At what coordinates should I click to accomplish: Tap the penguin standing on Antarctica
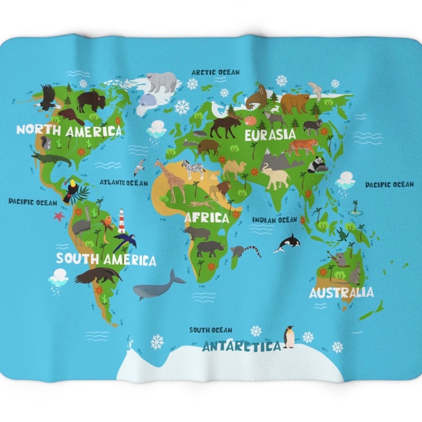289,336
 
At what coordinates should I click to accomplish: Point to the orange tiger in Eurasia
301,146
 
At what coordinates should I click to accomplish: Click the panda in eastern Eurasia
317,165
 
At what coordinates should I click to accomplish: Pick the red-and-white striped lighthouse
122,221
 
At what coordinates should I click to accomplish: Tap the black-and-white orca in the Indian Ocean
288,243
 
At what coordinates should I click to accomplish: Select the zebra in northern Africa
193,168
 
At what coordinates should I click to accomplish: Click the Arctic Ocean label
215,72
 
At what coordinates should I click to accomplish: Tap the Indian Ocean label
274,220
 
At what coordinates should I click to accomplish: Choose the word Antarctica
241,347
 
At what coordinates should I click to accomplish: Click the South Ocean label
210,330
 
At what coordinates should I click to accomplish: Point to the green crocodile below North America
52,158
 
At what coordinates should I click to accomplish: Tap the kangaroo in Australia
355,274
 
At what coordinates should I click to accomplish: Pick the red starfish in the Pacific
59,216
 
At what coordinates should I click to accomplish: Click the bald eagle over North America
48,97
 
